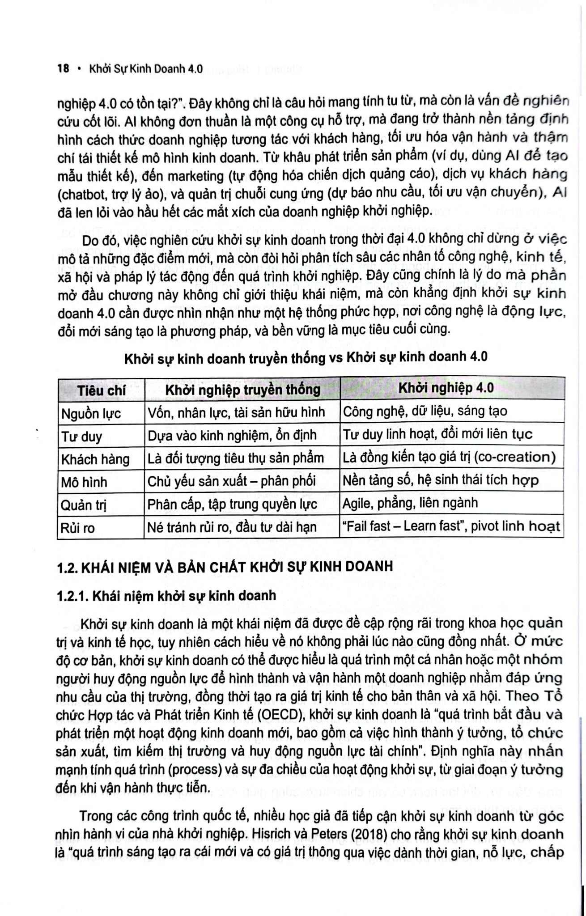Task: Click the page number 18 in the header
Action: pyautogui.click(x=63, y=69)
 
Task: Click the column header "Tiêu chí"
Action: pyautogui.click(x=101, y=390)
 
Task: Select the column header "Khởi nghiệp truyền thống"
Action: pyautogui.click(x=242, y=390)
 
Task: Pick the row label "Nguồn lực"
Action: pyautogui.click(x=91, y=414)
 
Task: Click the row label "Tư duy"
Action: pyautogui.click(x=81, y=437)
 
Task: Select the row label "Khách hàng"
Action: pyautogui.click(x=95, y=459)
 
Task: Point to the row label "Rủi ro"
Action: pyautogui.click(x=78, y=528)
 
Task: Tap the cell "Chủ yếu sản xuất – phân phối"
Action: pyautogui.click(x=232, y=481)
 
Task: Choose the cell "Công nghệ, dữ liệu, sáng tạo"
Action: pyautogui.click(x=425, y=411)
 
